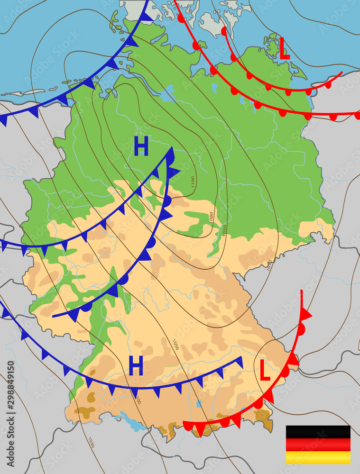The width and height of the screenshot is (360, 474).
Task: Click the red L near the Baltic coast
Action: [284, 50]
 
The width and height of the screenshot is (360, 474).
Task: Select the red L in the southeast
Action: [265, 370]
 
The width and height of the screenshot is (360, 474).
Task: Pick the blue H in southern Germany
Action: [136, 366]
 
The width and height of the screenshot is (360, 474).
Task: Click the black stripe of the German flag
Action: [318, 432]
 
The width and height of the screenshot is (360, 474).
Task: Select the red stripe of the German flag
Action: [318, 445]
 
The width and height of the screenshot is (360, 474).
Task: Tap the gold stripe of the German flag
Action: [318, 457]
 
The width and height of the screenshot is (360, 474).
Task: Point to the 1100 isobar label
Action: [193, 181]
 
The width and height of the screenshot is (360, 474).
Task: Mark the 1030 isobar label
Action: [91, 442]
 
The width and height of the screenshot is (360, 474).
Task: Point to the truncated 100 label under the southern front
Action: [138, 401]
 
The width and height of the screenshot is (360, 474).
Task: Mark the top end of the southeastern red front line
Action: [302, 290]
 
